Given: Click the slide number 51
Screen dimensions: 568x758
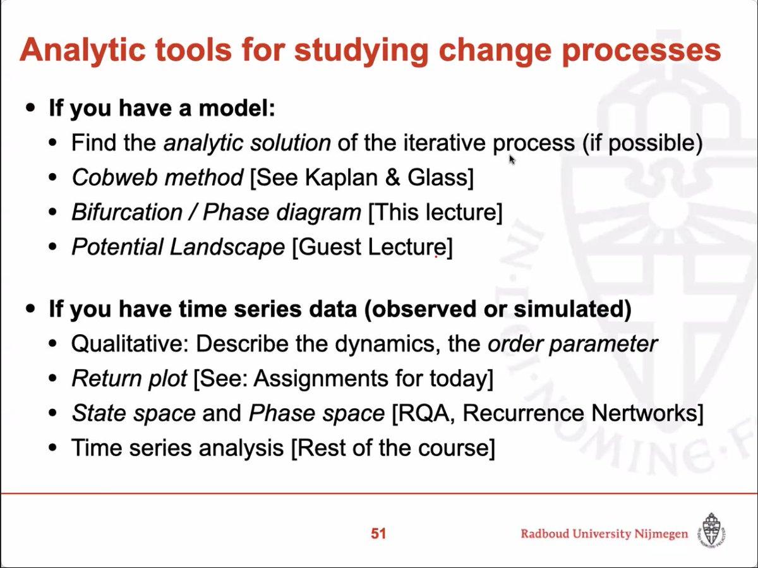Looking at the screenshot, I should point(378,534).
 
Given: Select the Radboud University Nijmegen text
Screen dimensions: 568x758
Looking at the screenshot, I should point(604,535).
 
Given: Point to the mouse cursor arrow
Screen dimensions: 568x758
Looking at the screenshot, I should point(512,160).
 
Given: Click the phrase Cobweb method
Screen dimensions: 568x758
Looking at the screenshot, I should point(157,178).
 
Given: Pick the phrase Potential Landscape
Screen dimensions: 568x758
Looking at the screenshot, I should point(178,247).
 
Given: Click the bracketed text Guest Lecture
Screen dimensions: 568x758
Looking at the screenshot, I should point(372,247).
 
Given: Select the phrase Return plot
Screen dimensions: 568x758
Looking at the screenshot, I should point(129,379).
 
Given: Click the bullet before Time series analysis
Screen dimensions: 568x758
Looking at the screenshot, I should point(54,449).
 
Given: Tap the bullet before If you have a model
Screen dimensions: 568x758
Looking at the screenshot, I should point(30,109).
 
